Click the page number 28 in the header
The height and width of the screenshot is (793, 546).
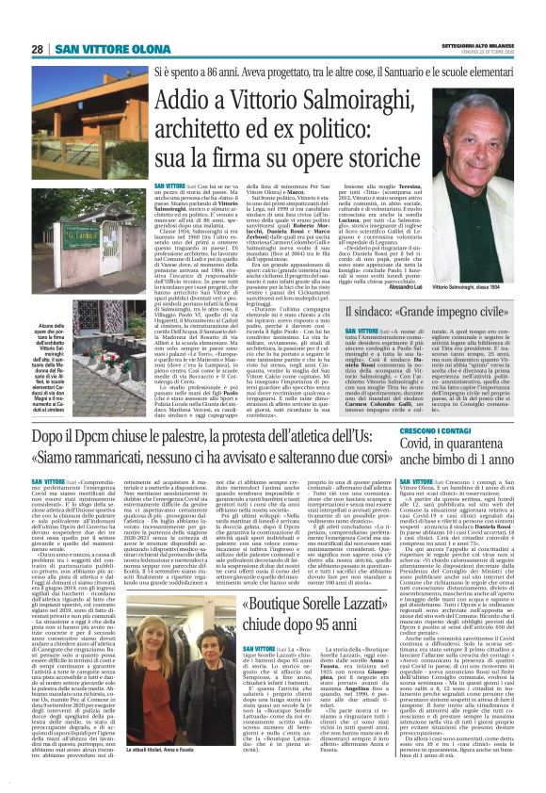pos(38,49)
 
